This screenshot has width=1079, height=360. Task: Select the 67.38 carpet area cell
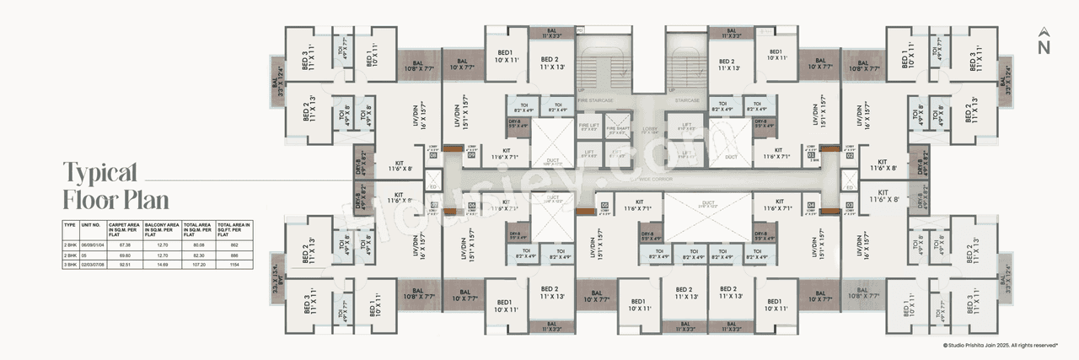pyautogui.click(x=126, y=244)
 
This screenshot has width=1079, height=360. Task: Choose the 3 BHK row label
pyautogui.click(x=70, y=264)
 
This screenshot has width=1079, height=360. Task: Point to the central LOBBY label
pyautogui.click(x=650, y=130)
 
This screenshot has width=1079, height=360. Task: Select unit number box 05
pyautogui.click(x=604, y=205)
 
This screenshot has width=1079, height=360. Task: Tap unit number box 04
pyautogui.click(x=811, y=205)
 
